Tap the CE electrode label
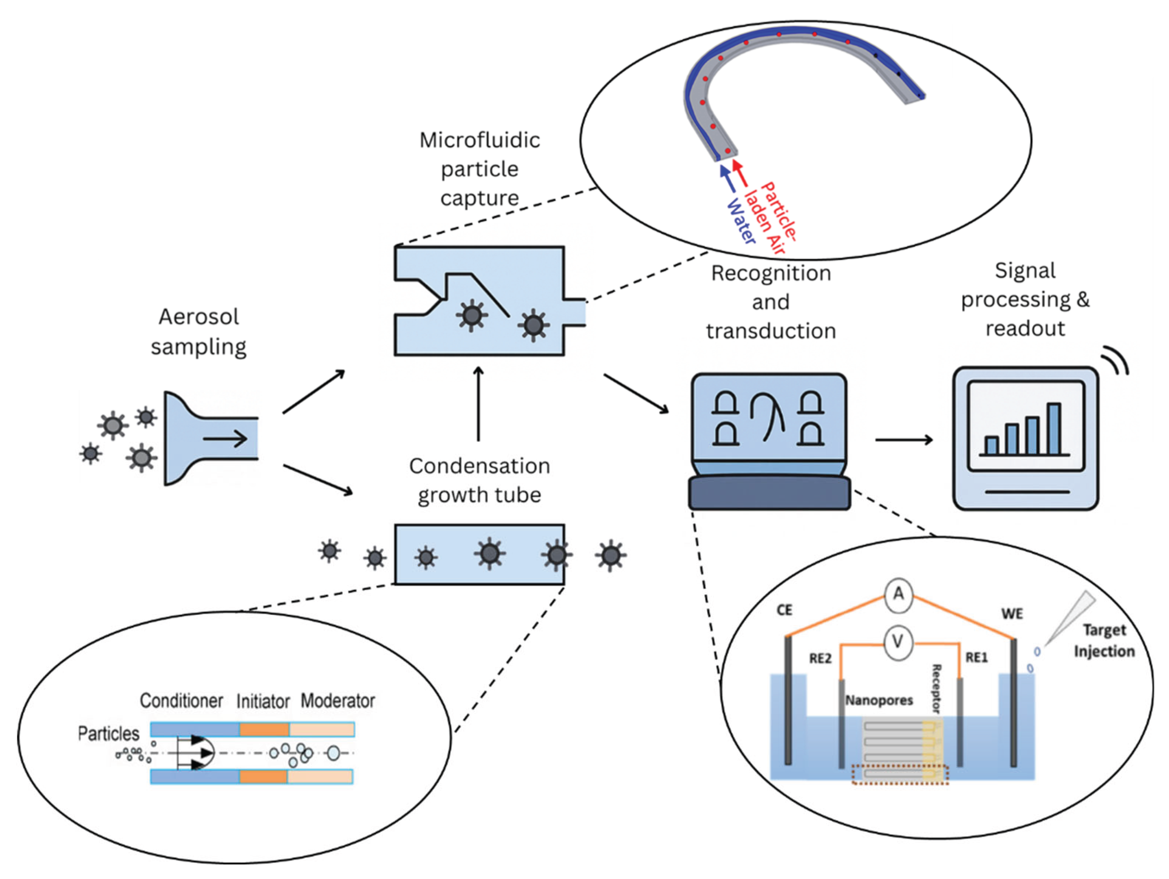tap(784, 610)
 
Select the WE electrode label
tap(1012, 614)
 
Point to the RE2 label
tap(820, 658)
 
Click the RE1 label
tap(976, 658)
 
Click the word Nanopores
tap(879, 700)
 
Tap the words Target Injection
tap(1103, 641)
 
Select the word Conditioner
tap(181, 700)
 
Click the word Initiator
tap(263, 702)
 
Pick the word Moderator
tap(338, 700)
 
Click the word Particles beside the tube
tap(108, 733)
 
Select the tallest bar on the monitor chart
tap(1054, 429)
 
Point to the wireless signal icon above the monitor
tap(1116, 360)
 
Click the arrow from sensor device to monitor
tap(904, 439)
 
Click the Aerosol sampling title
tap(199, 331)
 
